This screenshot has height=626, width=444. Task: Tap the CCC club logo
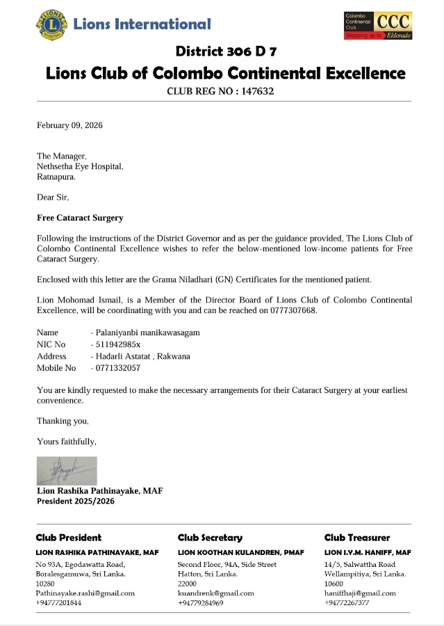tap(379, 25)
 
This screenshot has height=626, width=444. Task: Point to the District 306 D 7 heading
tap(227, 51)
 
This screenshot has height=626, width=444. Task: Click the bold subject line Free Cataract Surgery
tap(80, 218)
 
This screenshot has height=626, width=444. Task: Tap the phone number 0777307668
tap(294, 310)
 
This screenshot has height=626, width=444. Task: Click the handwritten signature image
tap(67, 470)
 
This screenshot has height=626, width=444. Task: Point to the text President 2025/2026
tap(76, 501)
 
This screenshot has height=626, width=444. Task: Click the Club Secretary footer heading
tap(210, 538)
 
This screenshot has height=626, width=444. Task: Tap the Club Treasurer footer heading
tap(357, 538)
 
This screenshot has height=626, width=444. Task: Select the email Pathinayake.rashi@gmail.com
tap(85, 593)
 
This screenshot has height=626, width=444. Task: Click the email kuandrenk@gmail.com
tap(216, 593)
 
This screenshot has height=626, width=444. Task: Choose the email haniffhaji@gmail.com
tap(360, 593)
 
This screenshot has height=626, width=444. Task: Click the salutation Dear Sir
tap(53, 197)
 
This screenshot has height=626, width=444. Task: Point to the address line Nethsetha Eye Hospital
tap(80, 167)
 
